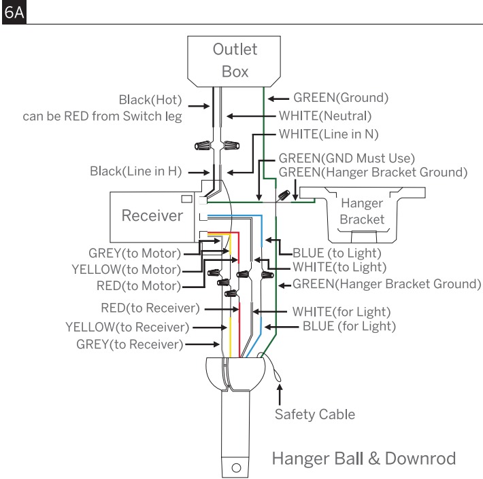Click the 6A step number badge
[x=14, y=12]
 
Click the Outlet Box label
[x=235, y=60]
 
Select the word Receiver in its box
[x=152, y=215]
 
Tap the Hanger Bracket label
[x=362, y=211]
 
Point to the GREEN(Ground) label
[x=341, y=98]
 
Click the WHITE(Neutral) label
[x=325, y=116]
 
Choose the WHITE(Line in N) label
[x=329, y=134]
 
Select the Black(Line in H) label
[x=135, y=171]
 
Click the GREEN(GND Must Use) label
[x=346, y=158]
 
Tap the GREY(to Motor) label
[x=135, y=253]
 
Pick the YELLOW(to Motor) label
[x=127, y=270]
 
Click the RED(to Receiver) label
[x=150, y=308]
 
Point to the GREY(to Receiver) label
[x=130, y=344]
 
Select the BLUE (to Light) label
[x=337, y=253]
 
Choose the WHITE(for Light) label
[x=342, y=312]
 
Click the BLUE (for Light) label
[x=349, y=326]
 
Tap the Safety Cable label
[x=315, y=414]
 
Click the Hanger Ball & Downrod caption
[x=364, y=459]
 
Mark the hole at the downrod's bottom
[x=236, y=468]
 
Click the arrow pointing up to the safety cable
[x=280, y=395]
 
